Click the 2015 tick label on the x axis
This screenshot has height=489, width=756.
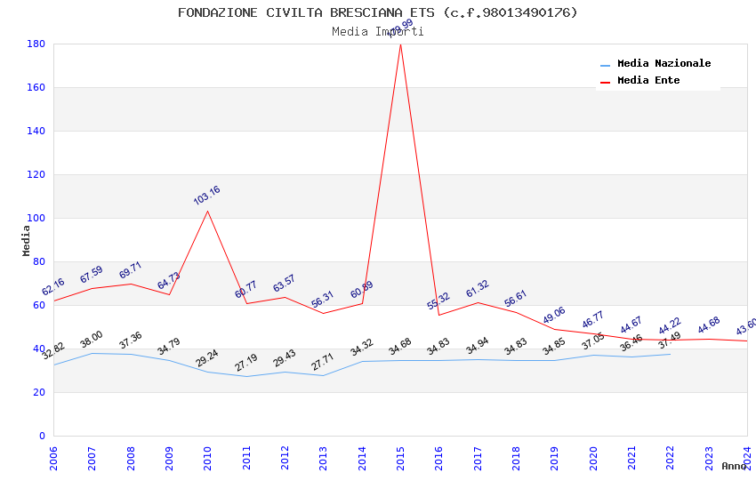point(400,458)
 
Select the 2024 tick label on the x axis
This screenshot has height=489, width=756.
point(747,458)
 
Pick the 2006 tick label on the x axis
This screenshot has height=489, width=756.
point(53,458)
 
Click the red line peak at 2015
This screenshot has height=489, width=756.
point(400,44)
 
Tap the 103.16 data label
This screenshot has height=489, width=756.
point(206,196)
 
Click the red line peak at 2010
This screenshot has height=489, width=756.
point(208,211)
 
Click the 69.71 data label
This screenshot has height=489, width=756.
point(130,269)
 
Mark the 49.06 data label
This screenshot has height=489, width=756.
point(553,315)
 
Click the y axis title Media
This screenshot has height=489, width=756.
point(27,240)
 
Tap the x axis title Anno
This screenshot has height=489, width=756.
point(734,466)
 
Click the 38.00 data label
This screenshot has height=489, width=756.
point(92,339)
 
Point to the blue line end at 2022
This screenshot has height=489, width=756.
point(671,354)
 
